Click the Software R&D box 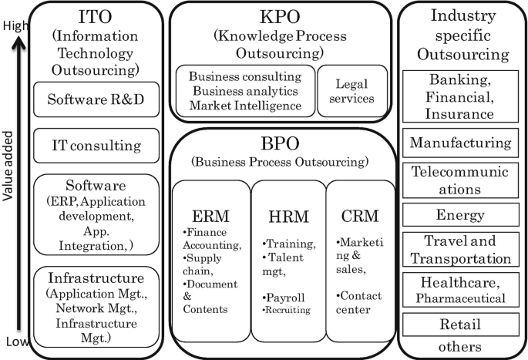(96, 99)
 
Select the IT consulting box (96, 146)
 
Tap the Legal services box (352, 91)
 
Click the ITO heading (95, 16)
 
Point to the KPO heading (280, 16)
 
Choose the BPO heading (280, 143)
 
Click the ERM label (210, 216)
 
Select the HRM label (288, 217)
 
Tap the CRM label (360, 216)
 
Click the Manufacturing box (460, 143)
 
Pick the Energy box (460, 214)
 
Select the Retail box (460, 325)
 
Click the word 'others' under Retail (459, 347)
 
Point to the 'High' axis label (15, 25)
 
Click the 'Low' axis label (17, 341)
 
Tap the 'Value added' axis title (8, 166)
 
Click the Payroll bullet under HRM (284, 298)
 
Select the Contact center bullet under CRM (359, 302)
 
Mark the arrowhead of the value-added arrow (18, 42)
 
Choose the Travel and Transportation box (460, 250)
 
